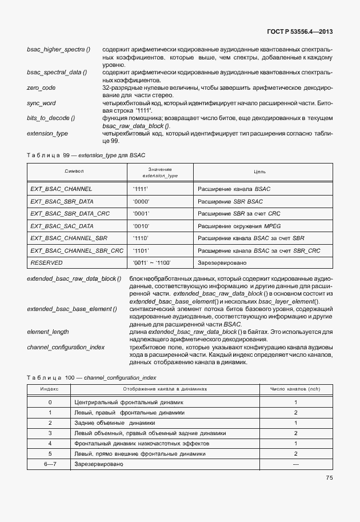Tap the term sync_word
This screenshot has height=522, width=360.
[42, 102]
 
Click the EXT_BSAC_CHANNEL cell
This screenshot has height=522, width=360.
[61, 188]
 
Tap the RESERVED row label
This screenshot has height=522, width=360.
[46, 262]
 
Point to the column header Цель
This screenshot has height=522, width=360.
[260, 172]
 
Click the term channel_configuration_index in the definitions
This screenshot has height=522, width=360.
[66, 347]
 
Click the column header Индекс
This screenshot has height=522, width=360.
[50, 389]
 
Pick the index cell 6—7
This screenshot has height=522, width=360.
[50, 464]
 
